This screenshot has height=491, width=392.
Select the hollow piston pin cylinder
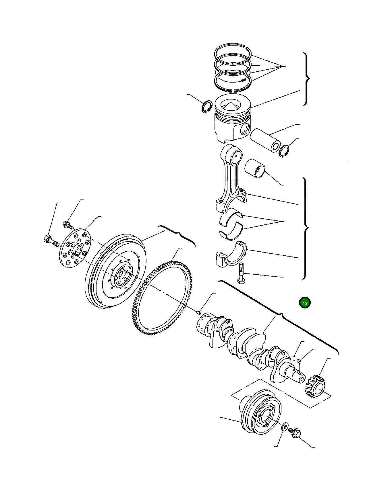coord(265,140)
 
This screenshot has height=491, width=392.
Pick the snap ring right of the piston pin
coord(284,151)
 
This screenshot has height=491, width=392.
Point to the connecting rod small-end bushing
coord(255,168)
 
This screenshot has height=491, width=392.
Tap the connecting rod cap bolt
coord(241,273)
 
